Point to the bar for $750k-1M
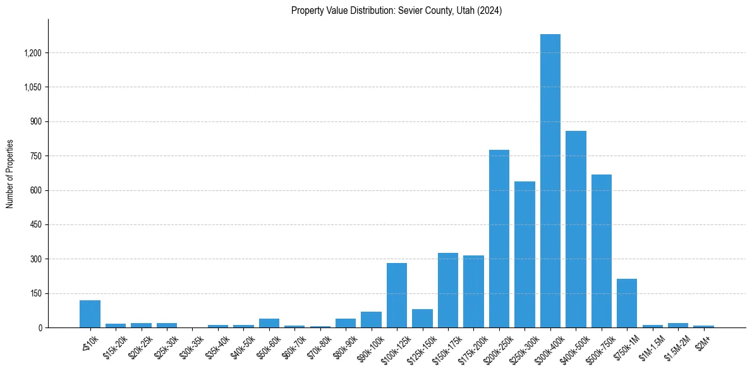pos(627,303)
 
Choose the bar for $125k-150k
pos(422,318)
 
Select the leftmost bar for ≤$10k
pos(90,314)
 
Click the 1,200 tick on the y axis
pos(32,53)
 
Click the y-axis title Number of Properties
pos(10,174)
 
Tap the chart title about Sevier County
pos(396,11)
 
